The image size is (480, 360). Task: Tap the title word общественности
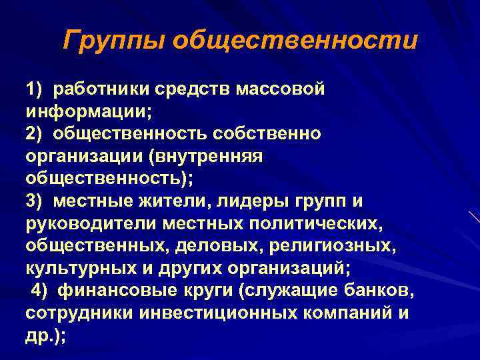coord(295,41)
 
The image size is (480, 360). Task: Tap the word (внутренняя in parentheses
coord(209,156)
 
